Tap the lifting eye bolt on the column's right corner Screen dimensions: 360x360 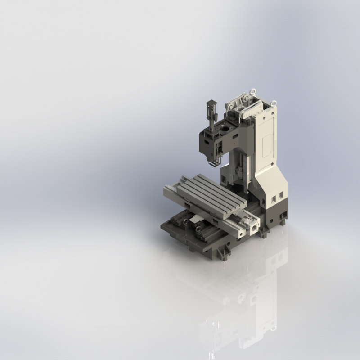pyautogui.click(x=273, y=103)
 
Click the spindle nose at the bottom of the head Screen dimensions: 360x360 pyautogui.click(x=209, y=157)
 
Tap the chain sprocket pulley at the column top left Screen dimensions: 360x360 pyautogui.click(x=229, y=104)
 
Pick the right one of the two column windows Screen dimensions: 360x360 pyautogui.click(x=280, y=195)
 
